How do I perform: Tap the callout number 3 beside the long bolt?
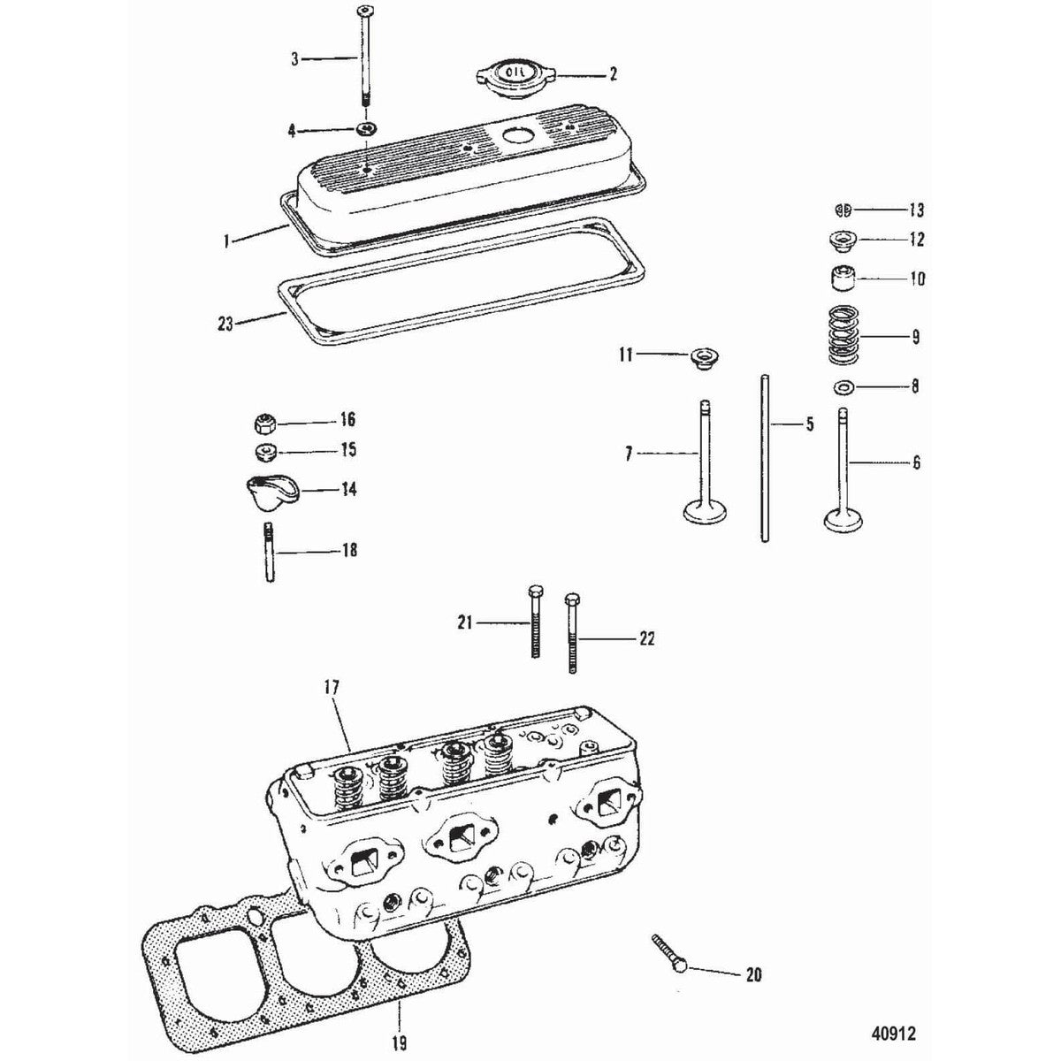294,59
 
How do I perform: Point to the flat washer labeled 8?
844,386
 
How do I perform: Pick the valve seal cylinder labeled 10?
843,279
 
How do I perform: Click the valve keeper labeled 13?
843,210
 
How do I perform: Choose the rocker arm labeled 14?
269,489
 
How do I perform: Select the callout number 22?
646,638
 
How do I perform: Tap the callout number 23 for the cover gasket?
225,324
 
